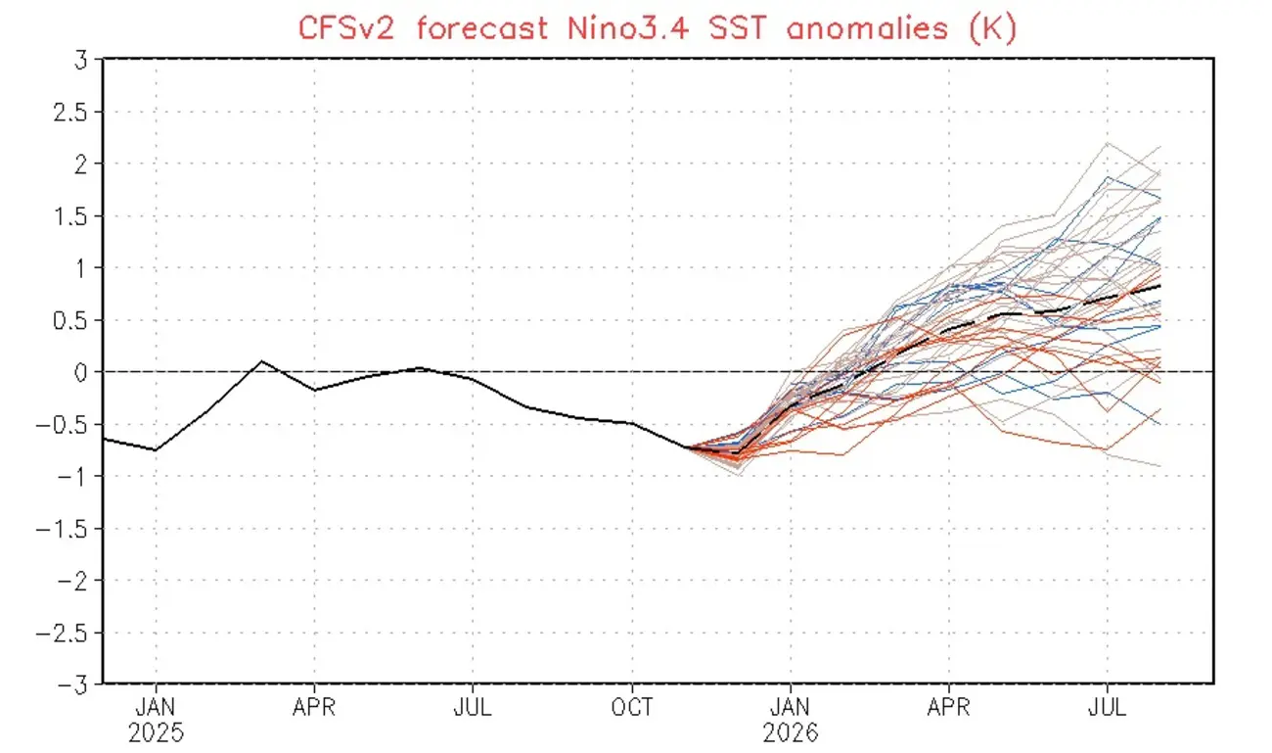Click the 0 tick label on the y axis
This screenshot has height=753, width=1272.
[x=80, y=372]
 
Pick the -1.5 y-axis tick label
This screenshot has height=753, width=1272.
[x=62, y=529]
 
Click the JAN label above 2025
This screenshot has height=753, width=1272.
[x=156, y=708]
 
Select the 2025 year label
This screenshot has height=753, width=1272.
[x=156, y=732]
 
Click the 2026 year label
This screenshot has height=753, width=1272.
[x=791, y=732]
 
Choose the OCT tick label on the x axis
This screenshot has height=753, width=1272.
[x=632, y=708]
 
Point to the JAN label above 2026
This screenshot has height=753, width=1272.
[x=791, y=708]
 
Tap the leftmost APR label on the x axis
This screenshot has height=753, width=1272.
[x=314, y=708]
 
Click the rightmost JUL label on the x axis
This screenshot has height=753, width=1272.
[x=1107, y=708]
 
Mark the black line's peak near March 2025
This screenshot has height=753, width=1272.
[x=261, y=361]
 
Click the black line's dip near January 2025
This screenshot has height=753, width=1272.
[x=156, y=449]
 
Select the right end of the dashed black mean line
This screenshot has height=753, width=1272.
[x=1160, y=285]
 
